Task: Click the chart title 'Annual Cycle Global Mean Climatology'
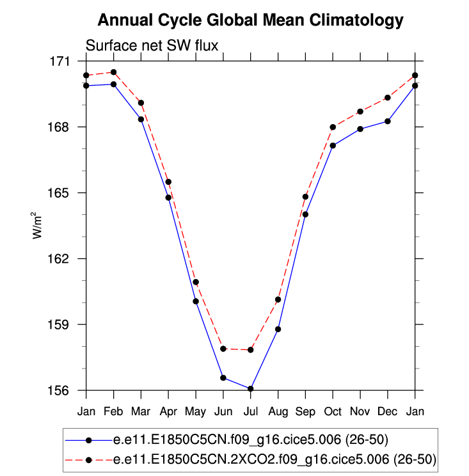pos(250,20)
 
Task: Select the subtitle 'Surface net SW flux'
pos(152,45)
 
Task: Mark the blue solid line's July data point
pos(251,388)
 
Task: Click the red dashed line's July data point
pos(251,350)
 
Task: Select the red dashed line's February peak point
pos(113,72)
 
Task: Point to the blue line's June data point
pos(223,378)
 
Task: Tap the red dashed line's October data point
pos(333,127)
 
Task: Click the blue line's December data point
pos(388,121)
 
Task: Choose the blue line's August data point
pos(278,329)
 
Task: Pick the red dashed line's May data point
pos(196,282)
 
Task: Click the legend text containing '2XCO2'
pos(274,459)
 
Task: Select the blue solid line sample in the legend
pos(89,440)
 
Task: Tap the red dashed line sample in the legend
pos(89,459)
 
